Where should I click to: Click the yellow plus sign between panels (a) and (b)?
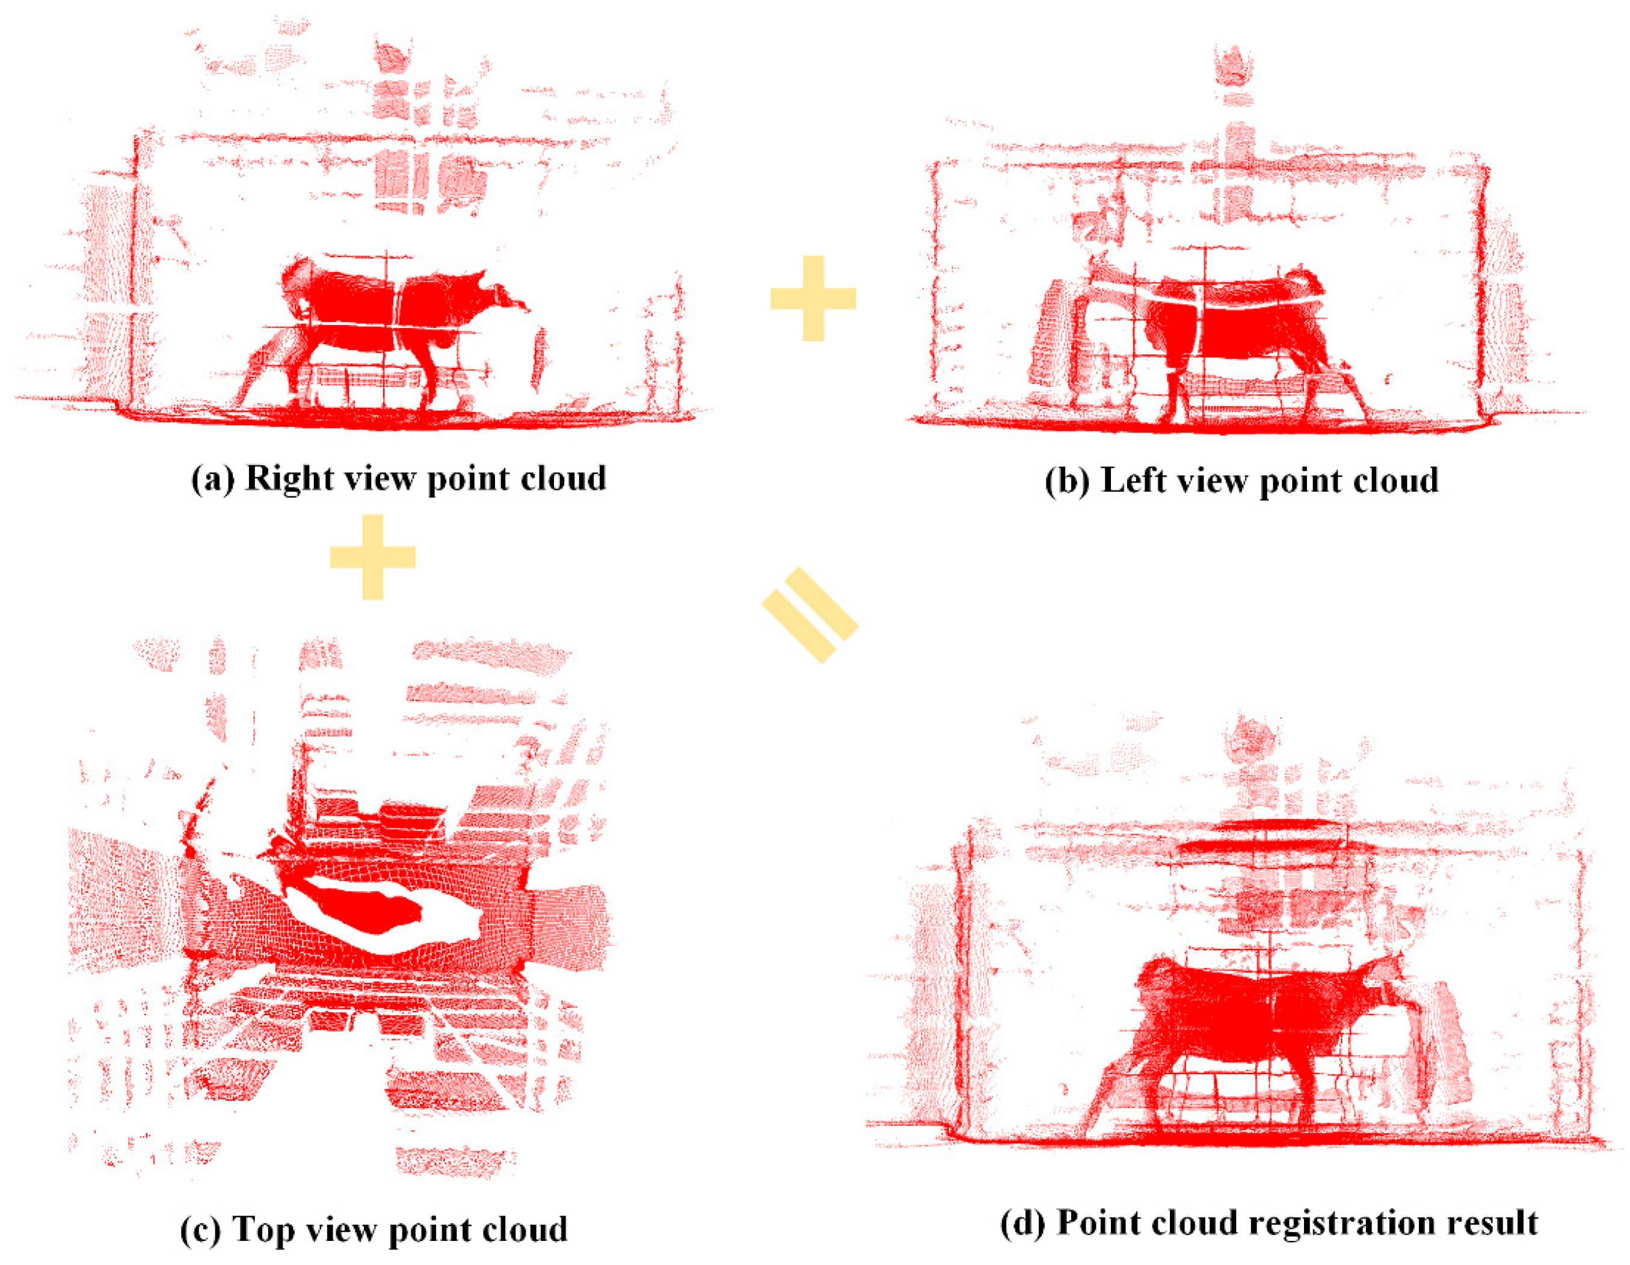pyautogui.click(x=813, y=298)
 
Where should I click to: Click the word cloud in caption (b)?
pyautogui.click(x=1395, y=480)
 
